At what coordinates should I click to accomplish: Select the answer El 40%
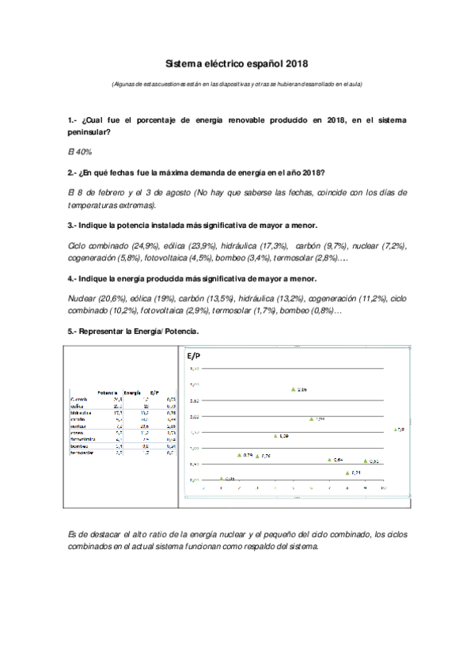pos(80,150)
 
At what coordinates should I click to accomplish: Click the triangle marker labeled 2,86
pos(294,389)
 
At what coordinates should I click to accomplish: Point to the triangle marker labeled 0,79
pos(240,455)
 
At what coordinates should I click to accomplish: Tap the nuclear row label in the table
pos(78,426)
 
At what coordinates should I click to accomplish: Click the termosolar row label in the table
pos(82,453)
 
